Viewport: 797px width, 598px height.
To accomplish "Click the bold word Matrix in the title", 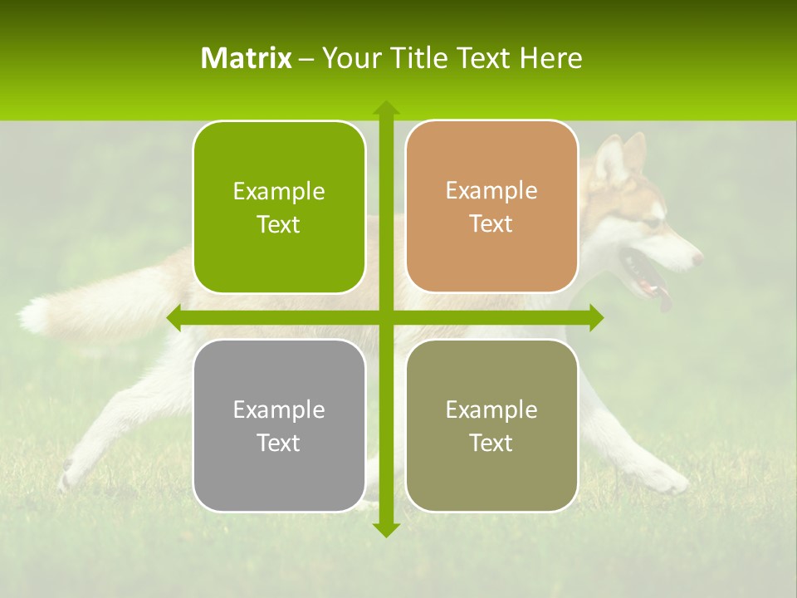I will [247, 58].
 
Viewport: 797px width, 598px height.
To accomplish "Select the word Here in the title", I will [551, 58].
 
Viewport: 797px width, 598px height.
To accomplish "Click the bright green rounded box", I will [279, 207].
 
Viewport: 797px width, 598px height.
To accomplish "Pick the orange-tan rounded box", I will [491, 207].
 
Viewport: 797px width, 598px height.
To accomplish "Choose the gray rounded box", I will [279, 425].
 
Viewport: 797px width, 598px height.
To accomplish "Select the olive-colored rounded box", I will [491, 425].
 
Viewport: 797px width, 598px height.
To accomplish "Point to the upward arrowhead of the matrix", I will [385, 107].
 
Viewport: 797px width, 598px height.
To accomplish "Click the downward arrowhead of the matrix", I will [385, 529].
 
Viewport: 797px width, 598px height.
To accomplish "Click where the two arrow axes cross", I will [385, 317].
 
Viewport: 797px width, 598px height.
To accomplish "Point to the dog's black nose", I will [697, 258].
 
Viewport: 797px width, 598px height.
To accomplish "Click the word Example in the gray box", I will [279, 409].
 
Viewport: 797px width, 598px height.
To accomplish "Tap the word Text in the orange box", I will [491, 224].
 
